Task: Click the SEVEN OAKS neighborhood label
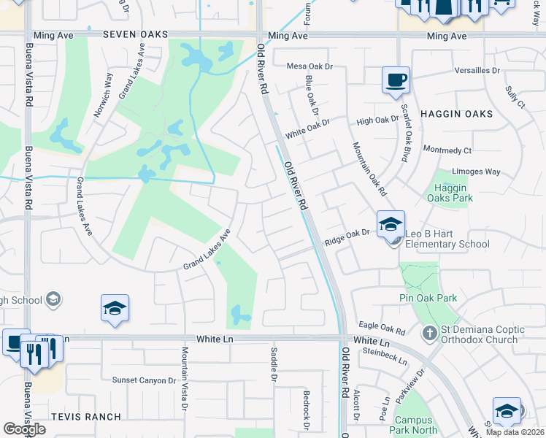pyautogui.click(x=135, y=34)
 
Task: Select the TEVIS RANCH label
pyautogui.click(x=86, y=416)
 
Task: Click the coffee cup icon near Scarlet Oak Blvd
pyautogui.click(x=396, y=80)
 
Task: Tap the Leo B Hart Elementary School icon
pyautogui.click(x=391, y=224)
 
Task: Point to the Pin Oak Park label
pyautogui.click(x=428, y=298)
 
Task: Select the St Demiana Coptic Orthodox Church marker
pyautogui.click(x=431, y=334)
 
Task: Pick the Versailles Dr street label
pyautogui.click(x=477, y=71)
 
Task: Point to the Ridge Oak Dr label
pyautogui.click(x=349, y=233)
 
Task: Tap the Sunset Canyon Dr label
pyautogui.click(x=145, y=380)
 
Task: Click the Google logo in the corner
pyautogui.click(x=24, y=429)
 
